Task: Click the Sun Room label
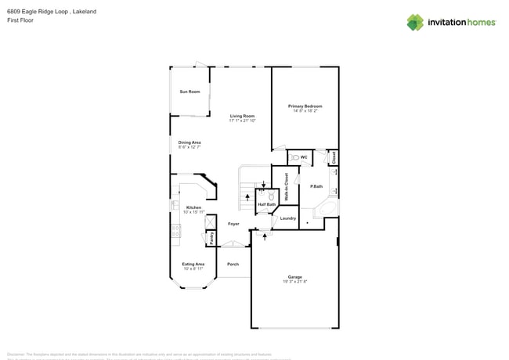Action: tap(190, 92)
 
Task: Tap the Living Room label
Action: tap(242, 116)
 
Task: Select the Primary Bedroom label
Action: tap(305, 106)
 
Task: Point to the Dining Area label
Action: tap(190, 142)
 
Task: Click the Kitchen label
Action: tap(193, 207)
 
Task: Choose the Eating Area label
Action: tap(193, 264)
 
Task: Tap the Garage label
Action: tap(294, 277)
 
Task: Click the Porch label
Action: tap(233, 264)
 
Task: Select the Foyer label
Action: tap(233, 224)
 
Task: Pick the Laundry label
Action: tap(288, 218)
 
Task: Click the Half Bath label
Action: tap(266, 204)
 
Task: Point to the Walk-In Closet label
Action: tap(286, 188)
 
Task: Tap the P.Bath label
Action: tap(316, 186)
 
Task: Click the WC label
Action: tap(304, 157)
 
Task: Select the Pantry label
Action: tap(211, 238)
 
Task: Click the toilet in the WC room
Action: tap(294, 157)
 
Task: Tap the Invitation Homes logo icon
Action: tap(415, 22)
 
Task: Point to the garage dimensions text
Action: tap(294, 282)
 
